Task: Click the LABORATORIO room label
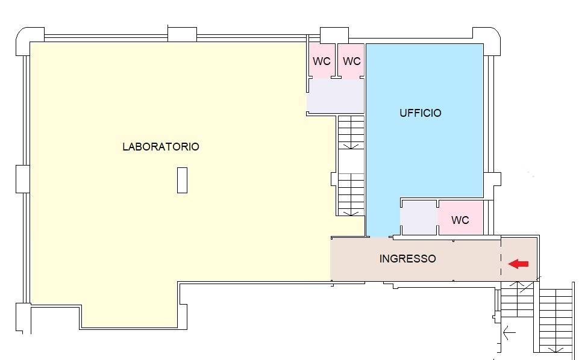click(160, 147)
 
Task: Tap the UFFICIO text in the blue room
click(420, 113)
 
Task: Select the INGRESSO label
click(407, 259)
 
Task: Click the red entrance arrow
click(518, 264)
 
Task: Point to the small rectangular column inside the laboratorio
click(182, 180)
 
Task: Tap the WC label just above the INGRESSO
click(460, 220)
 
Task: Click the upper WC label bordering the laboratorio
click(321, 61)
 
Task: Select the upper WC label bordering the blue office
click(351, 61)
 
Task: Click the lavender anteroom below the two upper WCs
click(336, 96)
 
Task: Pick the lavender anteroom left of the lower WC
click(419, 218)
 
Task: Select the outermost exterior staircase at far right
click(556, 319)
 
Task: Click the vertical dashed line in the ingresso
click(501, 259)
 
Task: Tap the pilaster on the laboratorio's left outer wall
click(22, 178)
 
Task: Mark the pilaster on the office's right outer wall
click(492, 179)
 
